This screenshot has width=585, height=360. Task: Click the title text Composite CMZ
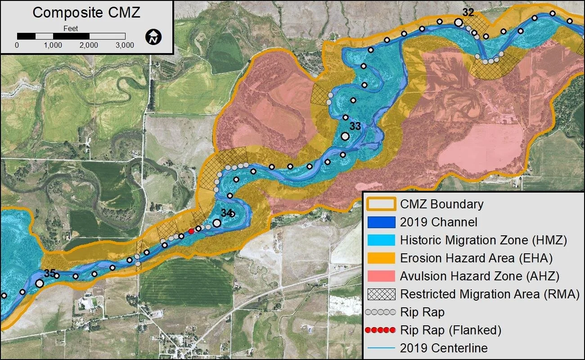(x=86, y=13)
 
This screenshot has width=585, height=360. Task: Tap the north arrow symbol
(x=154, y=37)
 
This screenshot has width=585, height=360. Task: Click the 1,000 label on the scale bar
(x=53, y=45)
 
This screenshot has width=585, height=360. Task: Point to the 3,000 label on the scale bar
(x=125, y=45)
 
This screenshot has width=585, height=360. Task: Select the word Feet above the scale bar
(x=71, y=28)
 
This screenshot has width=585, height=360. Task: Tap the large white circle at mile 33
(x=345, y=136)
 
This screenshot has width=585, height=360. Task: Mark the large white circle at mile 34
(x=217, y=223)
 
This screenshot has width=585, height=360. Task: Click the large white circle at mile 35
(x=40, y=283)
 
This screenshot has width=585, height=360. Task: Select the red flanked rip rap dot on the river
(x=191, y=231)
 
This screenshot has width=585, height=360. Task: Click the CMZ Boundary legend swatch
(x=381, y=204)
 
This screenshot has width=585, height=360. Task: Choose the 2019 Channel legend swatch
(x=381, y=222)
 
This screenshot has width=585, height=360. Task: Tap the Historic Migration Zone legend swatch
(x=381, y=240)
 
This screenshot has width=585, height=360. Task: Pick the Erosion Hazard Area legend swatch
(x=381, y=258)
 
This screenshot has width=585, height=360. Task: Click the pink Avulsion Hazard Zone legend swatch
(x=381, y=276)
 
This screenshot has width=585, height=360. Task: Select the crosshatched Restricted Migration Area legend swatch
(x=381, y=294)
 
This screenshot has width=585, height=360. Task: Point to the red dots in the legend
(x=381, y=330)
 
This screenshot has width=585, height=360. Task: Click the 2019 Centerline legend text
(x=444, y=348)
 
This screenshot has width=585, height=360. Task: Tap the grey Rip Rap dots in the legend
(x=381, y=312)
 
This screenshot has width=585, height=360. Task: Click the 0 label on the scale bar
(x=17, y=45)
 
